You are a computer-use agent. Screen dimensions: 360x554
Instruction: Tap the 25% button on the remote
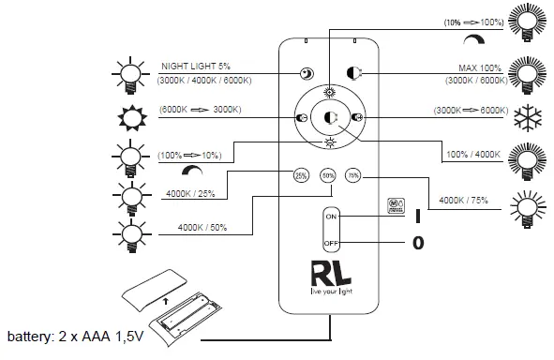302,174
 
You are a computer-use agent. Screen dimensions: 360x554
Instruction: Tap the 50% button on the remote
327,174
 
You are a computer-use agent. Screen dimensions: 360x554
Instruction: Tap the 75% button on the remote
352,174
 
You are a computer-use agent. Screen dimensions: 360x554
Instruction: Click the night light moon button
306,74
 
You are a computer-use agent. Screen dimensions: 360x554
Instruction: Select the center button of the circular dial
329,117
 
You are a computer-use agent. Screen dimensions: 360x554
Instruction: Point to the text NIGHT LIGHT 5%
198,66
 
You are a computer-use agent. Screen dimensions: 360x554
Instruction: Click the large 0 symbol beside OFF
418,244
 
